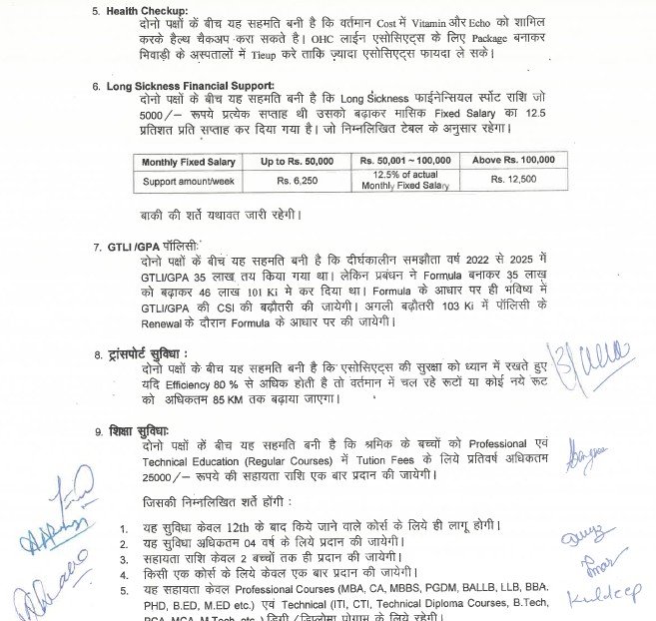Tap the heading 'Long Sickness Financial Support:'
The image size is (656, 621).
[x=191, y=86]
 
